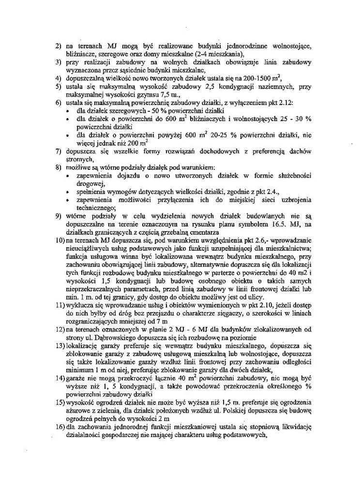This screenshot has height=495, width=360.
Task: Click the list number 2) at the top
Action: coord(57,46)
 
